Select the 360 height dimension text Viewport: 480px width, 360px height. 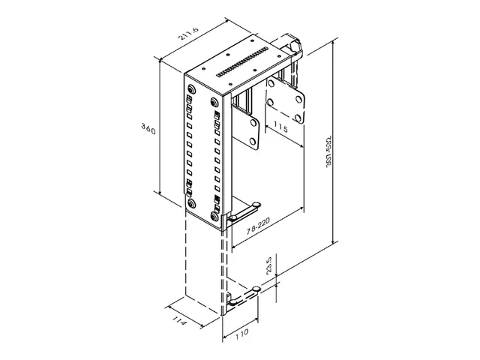click(148, 130)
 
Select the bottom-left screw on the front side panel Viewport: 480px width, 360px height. click(192, 202)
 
